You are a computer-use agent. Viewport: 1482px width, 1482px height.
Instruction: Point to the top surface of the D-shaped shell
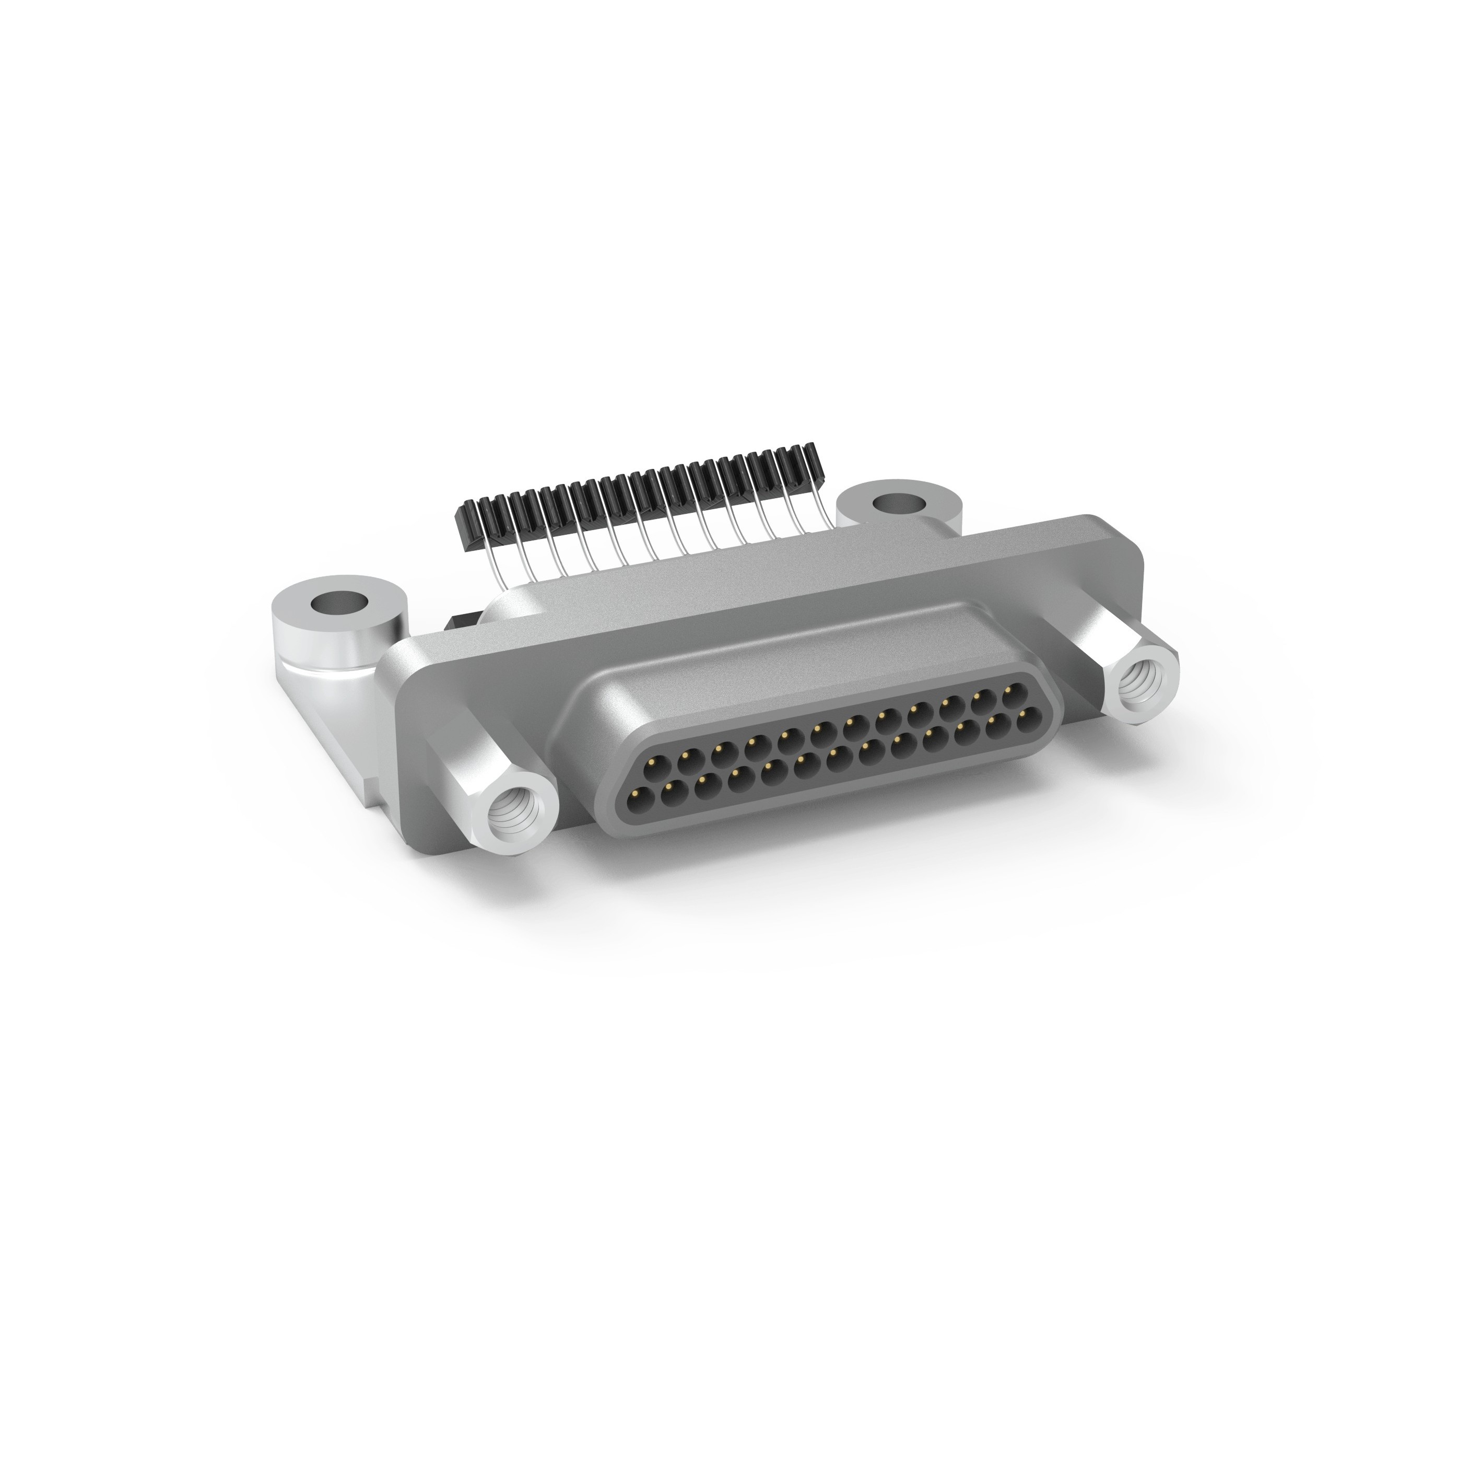click(x=767, y=660)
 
